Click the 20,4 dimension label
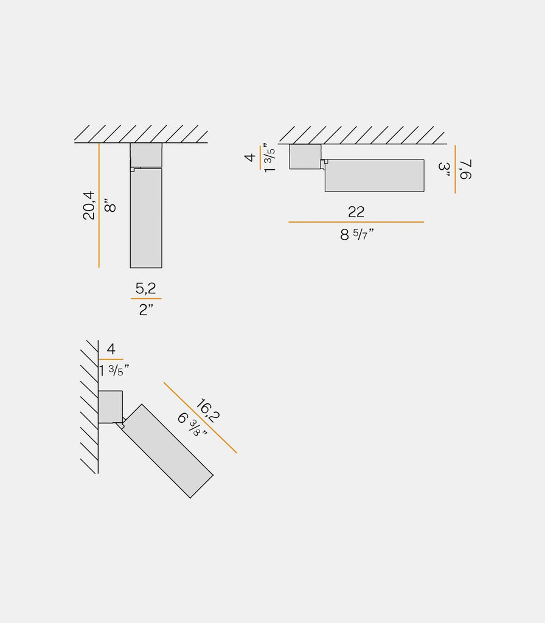coord(89,206)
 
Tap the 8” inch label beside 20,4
coord(110,206)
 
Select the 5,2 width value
coord(145,288)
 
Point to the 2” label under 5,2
coord(146,310)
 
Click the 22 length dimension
coord(356,212)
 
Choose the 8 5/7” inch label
coord(356,234)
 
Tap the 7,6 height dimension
coord(465,170)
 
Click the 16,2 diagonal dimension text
coord(207,411)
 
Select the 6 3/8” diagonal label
coord(192,424)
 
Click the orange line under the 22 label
coord(356,222)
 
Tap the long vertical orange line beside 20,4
coord(99,205)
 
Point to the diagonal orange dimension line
coord(200,417)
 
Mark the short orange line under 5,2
coord(146,298)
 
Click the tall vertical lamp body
coord(146,218)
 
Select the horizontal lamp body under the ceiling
coord(374,176)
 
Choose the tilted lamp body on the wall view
coord(167,451)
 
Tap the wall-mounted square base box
coord(110,407)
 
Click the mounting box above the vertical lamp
coord(146,155)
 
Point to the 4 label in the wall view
coord(111,349)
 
